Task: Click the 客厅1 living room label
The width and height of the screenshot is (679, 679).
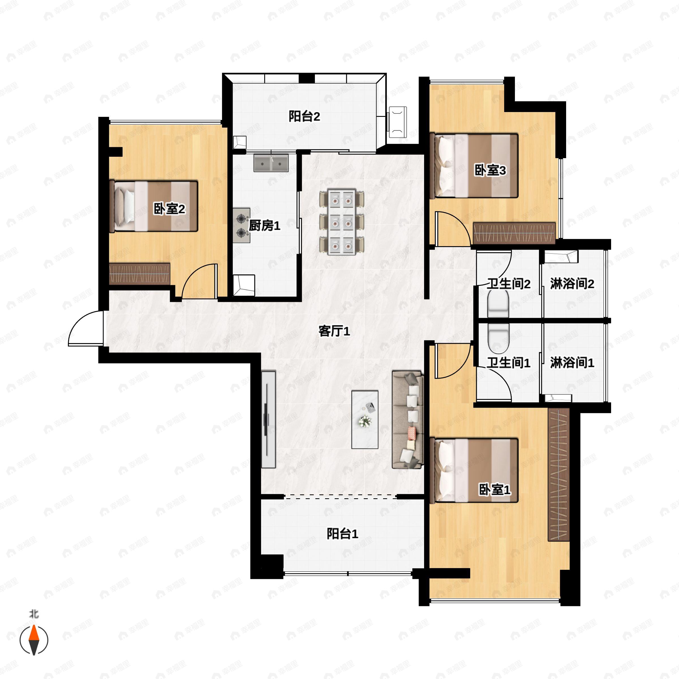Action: (334, 331)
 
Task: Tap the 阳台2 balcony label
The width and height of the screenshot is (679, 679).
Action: (304, 116)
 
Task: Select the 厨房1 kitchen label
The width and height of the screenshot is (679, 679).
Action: (265, 226)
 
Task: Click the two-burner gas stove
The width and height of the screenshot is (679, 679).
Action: (241, 225)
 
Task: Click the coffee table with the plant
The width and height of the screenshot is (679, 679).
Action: (365, 419)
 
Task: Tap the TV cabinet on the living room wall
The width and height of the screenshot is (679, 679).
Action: (268, 419)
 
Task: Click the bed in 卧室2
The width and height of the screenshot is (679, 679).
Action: (154, 206)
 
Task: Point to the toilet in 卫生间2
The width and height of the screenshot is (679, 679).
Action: (498, 305)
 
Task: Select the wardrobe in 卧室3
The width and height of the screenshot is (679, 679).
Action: (514, 233)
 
